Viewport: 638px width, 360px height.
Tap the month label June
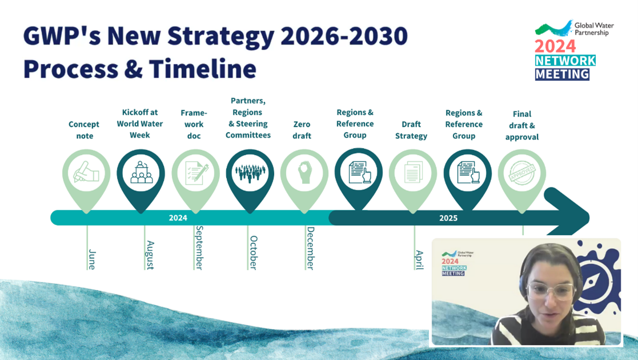pos(92,259)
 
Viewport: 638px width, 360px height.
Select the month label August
pos(150,255)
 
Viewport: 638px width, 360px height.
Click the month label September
pos(199,247)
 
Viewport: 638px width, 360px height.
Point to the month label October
pos(254,253)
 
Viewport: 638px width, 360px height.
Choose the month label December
pos(311,249)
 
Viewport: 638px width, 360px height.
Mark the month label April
pos(419,260)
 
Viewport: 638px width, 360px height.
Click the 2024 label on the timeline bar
pos(178,218)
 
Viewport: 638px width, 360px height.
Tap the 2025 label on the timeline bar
pos(448,218)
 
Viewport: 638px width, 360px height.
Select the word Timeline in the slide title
pos(203,69)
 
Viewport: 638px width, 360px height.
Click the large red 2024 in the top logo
pos(555,46)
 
